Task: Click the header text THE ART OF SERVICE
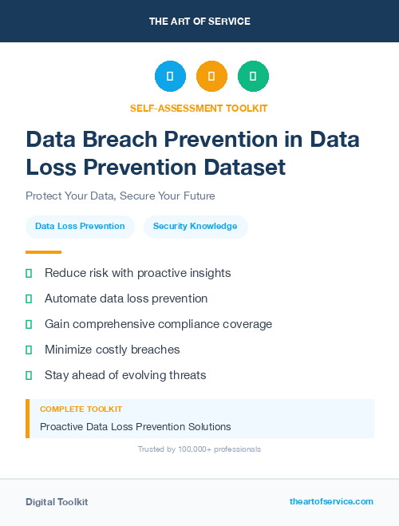(199, 22)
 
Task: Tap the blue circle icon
(170, 77)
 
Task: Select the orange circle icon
(211, 77)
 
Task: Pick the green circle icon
(253, 77)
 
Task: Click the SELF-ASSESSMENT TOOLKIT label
(199, 108)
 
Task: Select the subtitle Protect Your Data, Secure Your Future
(120, 196)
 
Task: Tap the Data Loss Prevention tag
(80, 226)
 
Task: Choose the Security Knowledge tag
(196, 226)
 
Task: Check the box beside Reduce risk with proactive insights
(29, 273)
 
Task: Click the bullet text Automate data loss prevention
(126, 299)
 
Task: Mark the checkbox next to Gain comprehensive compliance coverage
(29, 324)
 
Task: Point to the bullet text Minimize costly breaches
(112, 350)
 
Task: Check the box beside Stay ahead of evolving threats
(29, 375)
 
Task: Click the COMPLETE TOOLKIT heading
(81, 409)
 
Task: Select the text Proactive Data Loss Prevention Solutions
(136, 426)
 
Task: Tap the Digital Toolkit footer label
(57, 502)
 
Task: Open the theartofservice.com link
(331, 501)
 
